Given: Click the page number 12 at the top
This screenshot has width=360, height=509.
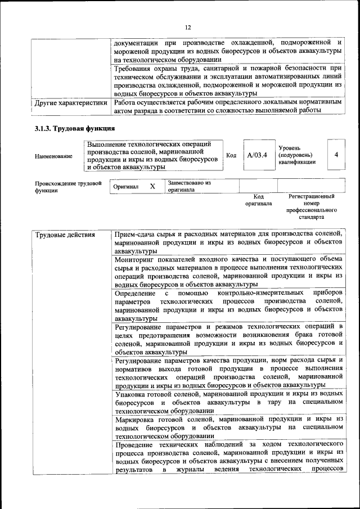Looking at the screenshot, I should click(x=188, y=27).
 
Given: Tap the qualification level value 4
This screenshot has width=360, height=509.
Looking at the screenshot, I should click(x=336, y=155).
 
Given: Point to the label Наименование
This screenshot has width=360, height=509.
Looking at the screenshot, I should click(x=53, y=156).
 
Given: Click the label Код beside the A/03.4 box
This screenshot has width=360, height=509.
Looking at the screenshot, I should click(x=231, y=155).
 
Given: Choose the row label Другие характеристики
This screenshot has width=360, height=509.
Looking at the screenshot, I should click(x=71, y=103).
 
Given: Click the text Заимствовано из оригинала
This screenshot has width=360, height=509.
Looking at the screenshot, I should click(x=189, y=186).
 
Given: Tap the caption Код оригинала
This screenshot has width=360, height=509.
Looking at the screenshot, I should click(x=258, y=200).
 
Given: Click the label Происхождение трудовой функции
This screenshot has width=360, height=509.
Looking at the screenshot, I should click(x=68, y=187).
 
